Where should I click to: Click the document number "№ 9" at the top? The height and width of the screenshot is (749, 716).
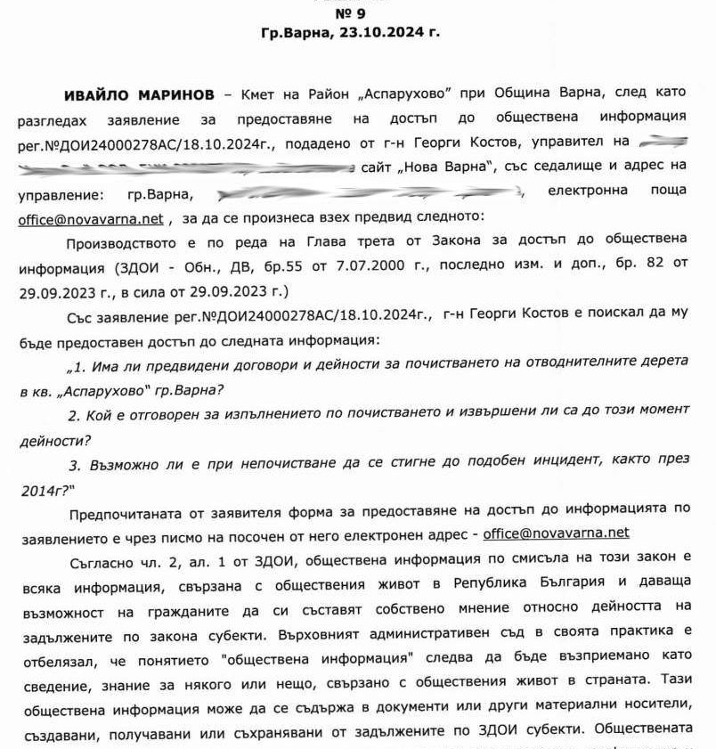click(350, 13)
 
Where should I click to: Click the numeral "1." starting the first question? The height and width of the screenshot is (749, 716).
click(77, 365)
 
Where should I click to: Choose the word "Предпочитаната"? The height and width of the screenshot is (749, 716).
click(126, 510)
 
